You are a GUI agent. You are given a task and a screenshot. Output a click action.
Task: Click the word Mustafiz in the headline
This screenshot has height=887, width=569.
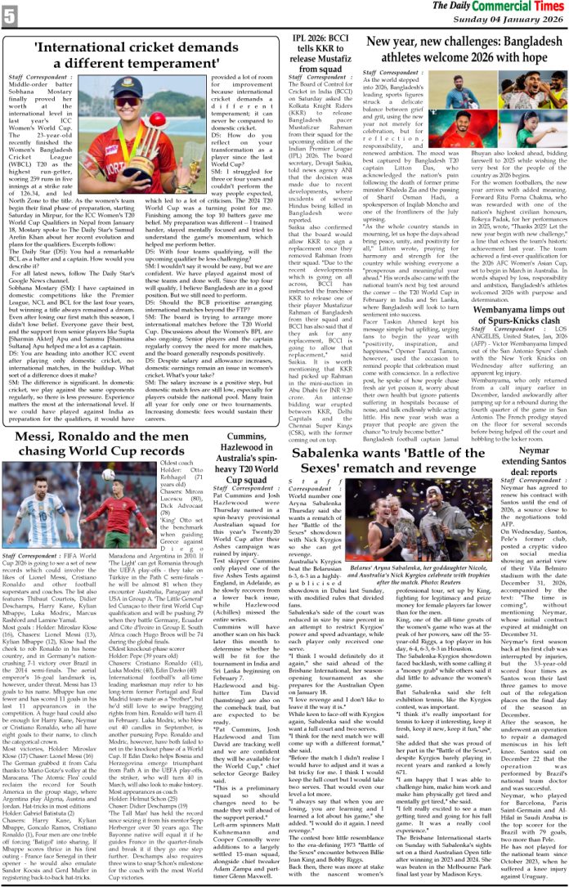click(x=318, y=60)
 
